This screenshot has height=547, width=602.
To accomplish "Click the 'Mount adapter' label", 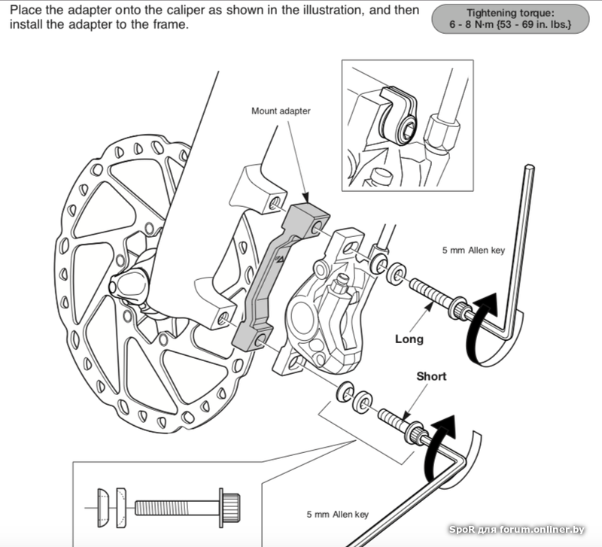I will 281,111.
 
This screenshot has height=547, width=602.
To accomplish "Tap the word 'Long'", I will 409,339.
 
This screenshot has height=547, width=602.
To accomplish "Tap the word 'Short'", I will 432,376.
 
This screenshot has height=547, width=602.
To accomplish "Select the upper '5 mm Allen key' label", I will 473,251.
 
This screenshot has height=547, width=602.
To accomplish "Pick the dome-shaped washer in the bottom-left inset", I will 105,502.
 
